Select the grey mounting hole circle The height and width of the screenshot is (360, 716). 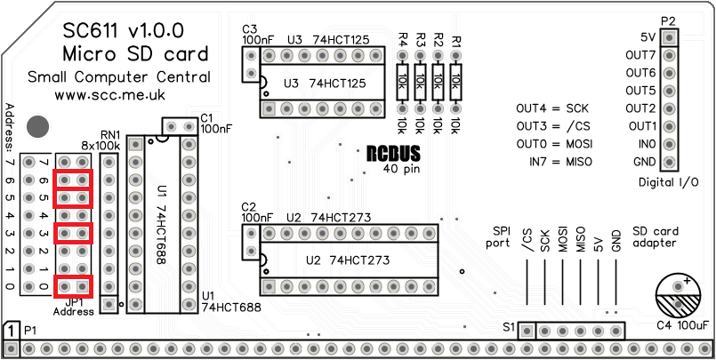[x=38, y=125]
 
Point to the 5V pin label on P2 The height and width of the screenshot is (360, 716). [x=648, y=37]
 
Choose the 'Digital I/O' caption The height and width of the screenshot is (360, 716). [x=668, y=182]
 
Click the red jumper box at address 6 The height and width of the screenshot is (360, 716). [x=74, y=180]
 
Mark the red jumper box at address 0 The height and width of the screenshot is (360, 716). [x=74, y=286]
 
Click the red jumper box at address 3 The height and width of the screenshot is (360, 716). [x=74, y=233]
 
